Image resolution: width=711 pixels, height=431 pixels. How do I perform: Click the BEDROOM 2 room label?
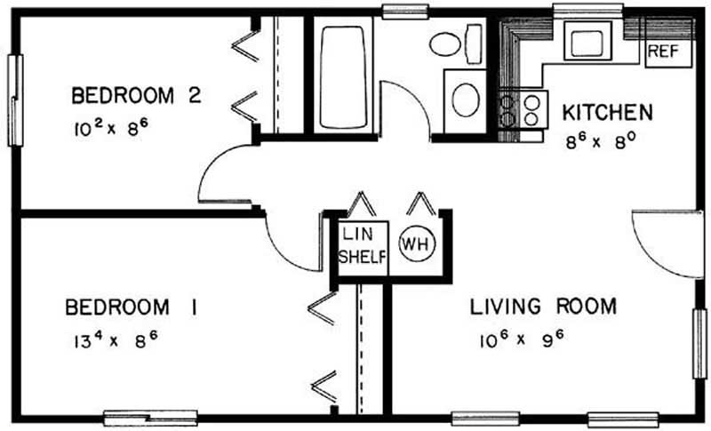point(136,96)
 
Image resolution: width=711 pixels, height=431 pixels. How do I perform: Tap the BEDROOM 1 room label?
point(132,307)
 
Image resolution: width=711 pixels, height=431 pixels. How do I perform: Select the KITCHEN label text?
point(608,112)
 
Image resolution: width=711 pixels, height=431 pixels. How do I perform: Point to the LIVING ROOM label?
point(543,307)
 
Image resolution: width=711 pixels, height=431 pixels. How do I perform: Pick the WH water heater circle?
point(417,243)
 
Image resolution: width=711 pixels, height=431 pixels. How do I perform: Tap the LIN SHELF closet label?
point(363,246)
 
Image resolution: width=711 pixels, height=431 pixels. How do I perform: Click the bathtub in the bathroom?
point(343,76)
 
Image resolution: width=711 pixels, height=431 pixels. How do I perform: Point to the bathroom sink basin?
point(466,100)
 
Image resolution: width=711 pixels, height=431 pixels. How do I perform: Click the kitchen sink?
point(587,41)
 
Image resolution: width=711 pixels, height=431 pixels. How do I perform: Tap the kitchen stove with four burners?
point(523,109)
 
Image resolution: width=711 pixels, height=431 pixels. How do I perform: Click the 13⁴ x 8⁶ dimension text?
point(116,339)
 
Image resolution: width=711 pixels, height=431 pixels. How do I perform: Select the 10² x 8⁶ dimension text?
point(111,127)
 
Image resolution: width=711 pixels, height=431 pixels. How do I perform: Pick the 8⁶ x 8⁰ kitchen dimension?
point(598,141)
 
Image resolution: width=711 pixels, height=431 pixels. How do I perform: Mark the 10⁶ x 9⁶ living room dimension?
point(522,339)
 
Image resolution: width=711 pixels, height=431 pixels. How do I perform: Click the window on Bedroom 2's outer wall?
point(15,100)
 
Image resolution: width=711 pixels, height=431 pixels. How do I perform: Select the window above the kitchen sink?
point(587,9)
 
